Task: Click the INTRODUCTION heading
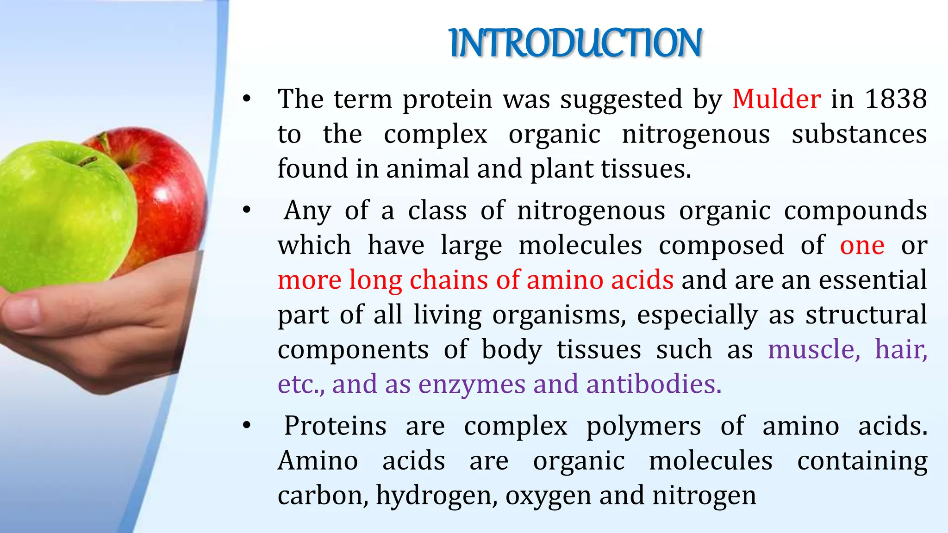coord(576,43)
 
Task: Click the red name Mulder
coord(776,99)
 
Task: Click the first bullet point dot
coord(247,99)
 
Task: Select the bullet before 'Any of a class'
coord(247,211)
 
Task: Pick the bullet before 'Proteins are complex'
coord(247,426)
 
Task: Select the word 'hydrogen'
coord(437,496)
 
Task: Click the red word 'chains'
coord(449,280)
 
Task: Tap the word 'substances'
coord(859,134)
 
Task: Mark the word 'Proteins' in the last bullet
coord(335,426)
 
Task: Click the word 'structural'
coord(866,315)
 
